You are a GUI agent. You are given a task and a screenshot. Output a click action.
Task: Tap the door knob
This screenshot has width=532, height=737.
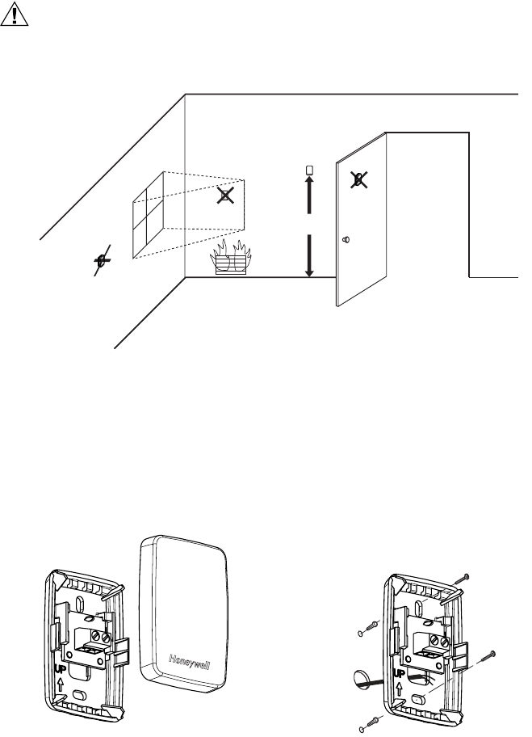[346, 239]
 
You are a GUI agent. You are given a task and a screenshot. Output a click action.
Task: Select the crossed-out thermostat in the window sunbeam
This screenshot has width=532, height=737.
[228, 195]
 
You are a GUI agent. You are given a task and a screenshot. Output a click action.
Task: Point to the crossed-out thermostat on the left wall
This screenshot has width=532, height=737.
[101, 260]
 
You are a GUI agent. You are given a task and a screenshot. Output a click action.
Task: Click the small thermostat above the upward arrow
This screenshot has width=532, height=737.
[309, 170]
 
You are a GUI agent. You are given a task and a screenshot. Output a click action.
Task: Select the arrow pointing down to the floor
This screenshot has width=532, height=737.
[309, 255]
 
